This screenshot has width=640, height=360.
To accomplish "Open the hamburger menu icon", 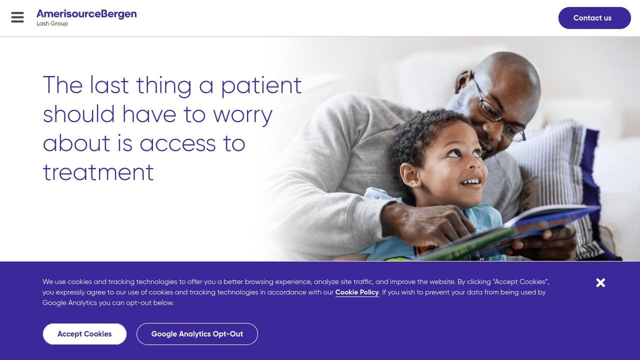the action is coord(17,17).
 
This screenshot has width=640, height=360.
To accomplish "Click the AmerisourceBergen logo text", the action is coord(86,14).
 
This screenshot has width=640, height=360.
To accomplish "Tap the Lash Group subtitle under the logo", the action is coord(52,23).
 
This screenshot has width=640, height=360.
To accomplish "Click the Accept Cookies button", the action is coord(84,333).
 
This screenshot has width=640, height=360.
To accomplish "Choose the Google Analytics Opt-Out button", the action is coord(197,333).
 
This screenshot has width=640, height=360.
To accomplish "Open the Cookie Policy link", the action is coord(357,292).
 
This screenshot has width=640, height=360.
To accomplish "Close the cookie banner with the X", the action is coord(600,282).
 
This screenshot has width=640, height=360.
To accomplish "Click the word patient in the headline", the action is coord(261,85).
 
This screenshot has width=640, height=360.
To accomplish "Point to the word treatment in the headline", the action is coord(98,172).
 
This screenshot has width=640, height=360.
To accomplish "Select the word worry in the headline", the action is coord(242,115).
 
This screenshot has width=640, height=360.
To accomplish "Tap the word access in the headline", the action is coord(178,143).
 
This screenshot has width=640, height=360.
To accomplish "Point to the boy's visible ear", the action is coord(410,175).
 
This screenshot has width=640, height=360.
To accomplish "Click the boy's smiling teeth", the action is coord(470,181).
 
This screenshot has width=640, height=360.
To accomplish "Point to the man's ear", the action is coord(462,81).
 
